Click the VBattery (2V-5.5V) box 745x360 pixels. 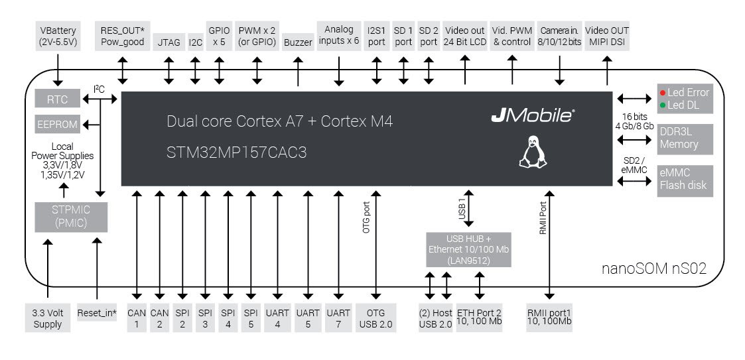[58, 36]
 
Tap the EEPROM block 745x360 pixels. [56, 124]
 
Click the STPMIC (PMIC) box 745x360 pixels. [70, 217]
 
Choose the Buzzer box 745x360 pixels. [298, 42]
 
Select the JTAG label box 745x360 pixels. [169, 42]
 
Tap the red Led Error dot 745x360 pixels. [662, 92]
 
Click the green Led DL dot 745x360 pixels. [662, 105]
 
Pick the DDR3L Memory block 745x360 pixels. [684, 138]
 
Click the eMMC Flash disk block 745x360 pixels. [684, 180]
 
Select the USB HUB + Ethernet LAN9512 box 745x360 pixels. [468, 249]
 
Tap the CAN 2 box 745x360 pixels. [159, 318]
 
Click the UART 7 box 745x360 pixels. [339, 318]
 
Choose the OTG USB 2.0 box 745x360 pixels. [377, 318]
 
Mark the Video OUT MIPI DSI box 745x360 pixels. [606, 36]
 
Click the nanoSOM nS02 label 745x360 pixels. [653, 269]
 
